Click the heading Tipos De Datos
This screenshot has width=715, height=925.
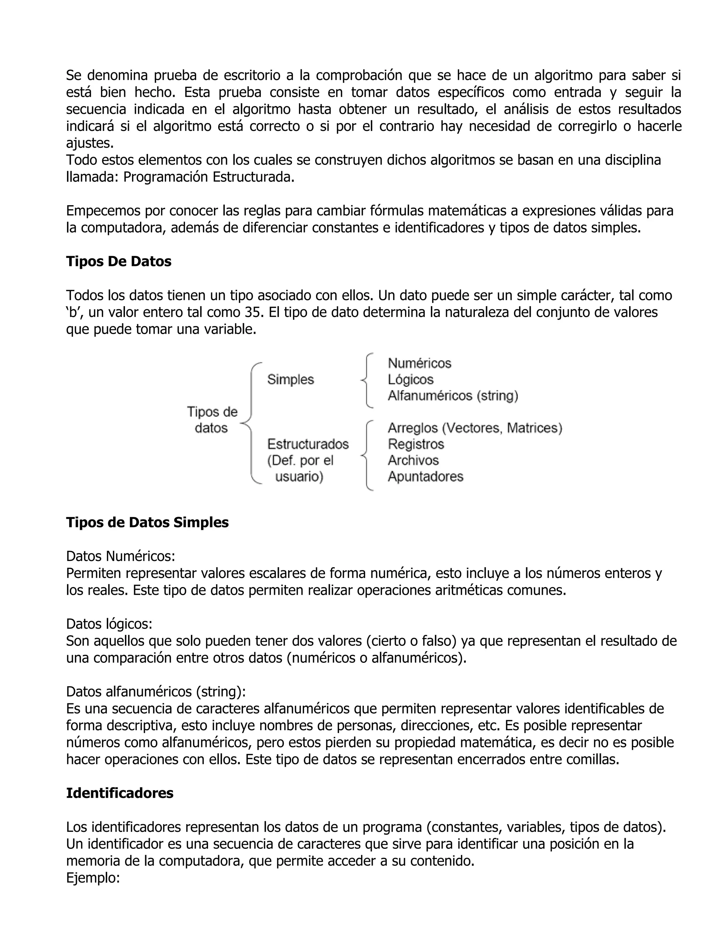tap(119, 262)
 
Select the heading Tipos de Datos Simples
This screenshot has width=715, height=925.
tap(147, 523)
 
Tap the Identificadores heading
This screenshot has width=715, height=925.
tap(119, 793)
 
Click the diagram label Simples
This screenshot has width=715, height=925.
tap(290, 379)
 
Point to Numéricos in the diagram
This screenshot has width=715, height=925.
tap(419, 363)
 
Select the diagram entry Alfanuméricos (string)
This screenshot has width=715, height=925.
tap(453, 396)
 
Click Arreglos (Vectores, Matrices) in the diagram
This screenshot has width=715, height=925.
tap(475, 428)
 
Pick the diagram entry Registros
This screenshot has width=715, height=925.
tap(415, 444)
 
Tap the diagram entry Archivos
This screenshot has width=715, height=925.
tap(413, 460)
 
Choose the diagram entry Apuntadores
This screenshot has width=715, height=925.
tap(425, 477)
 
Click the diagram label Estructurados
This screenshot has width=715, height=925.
tap(308, 444)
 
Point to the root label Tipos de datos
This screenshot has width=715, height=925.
tap(212, 420)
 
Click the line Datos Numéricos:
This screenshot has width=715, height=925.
tap(120, 556)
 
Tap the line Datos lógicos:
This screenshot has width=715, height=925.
tap(109, 624)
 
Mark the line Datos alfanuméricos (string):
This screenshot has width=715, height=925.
tap(156, 691)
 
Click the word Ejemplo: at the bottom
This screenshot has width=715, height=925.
tap(93, 878)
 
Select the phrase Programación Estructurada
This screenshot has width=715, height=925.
tap(208, 177)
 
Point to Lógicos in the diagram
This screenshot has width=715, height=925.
tap(411, 379)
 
